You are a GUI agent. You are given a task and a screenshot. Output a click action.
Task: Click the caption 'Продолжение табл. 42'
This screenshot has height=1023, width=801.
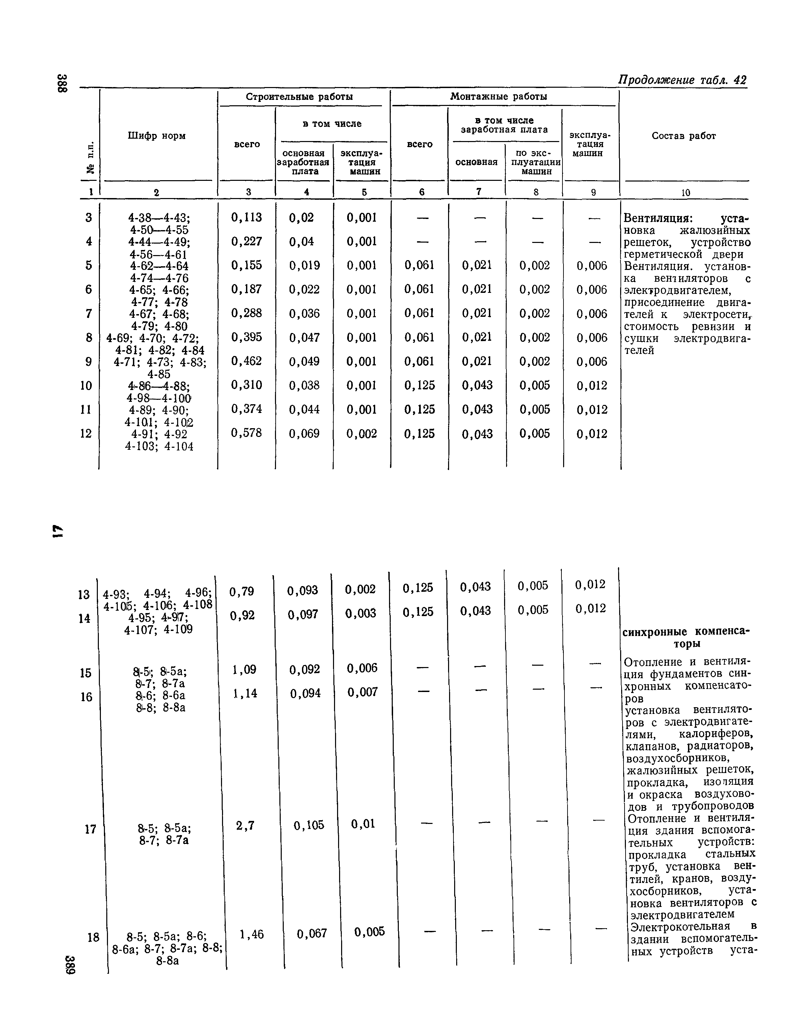[682, 80]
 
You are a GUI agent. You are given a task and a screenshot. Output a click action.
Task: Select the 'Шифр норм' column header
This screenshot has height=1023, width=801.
[157, 136]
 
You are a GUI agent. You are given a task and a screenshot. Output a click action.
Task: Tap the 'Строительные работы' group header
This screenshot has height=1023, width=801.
[299, 97]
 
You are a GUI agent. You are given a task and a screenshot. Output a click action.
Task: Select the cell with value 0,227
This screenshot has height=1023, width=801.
[247, 242]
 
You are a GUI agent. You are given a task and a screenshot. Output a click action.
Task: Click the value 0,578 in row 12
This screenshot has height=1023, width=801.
[247, 433]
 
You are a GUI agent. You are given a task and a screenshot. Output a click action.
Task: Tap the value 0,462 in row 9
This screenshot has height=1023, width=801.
[247, 361]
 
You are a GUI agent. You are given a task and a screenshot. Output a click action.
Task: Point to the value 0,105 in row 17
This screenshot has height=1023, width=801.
[309, 825]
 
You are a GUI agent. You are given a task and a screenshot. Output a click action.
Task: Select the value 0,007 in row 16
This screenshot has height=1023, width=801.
[362, 692]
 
